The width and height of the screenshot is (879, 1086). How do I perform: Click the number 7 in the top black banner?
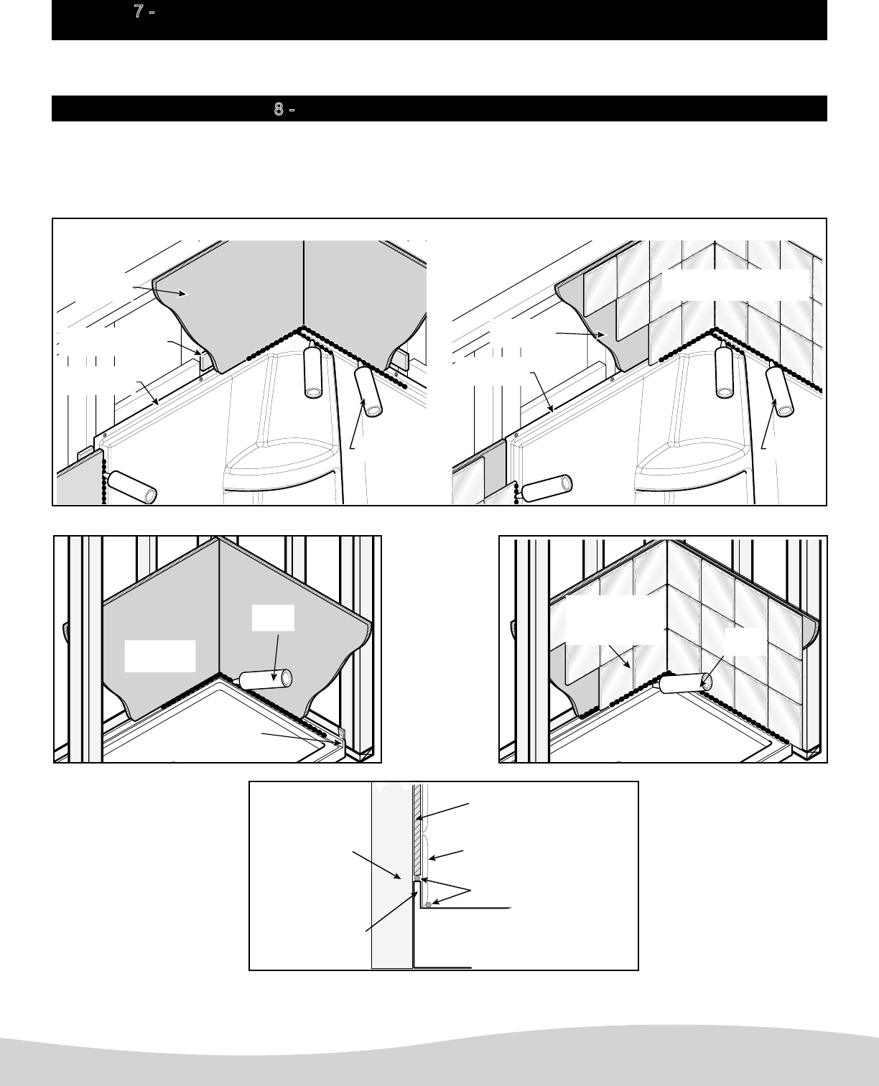[138, 11]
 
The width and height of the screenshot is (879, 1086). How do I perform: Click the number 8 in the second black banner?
[279, 108]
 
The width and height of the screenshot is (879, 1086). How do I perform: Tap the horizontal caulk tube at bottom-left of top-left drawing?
[131, 486]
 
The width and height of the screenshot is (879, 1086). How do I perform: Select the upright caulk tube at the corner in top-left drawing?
[313, 369]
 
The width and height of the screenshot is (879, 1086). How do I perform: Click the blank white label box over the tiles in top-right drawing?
[735, 285]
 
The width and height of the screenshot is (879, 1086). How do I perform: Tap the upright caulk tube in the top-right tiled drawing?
[725, 369]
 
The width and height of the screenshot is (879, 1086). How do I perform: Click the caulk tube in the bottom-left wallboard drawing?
[265, 679]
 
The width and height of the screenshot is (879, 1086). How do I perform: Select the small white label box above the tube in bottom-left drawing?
[274, 618]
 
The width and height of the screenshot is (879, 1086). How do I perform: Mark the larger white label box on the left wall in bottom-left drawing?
[160, 656]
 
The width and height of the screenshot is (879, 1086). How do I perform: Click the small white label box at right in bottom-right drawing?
[745, 642]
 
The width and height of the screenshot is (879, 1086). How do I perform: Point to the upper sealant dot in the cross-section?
[417, 878]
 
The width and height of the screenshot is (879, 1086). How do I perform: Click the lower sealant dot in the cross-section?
[429, 905]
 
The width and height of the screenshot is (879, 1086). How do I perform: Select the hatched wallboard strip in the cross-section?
[417, 830]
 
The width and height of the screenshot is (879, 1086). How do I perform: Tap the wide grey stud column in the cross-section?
[391, 875]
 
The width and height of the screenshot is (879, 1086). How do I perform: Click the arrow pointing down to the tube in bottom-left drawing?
[276, 658]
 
